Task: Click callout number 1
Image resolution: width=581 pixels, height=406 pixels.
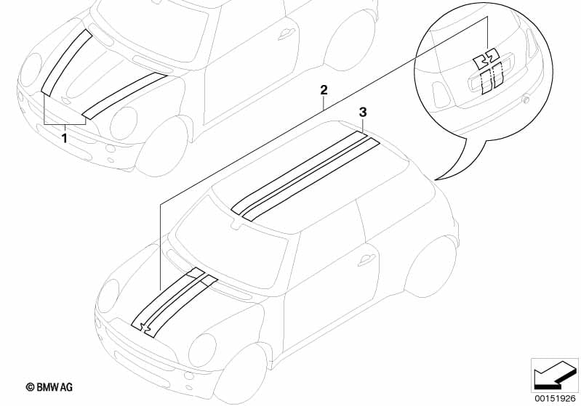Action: click(65, 139)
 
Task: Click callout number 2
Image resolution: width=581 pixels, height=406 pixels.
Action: click(324, 89)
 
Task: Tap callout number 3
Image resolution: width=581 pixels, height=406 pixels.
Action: click(363, 112)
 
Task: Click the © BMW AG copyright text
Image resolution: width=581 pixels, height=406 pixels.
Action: click(49, 387)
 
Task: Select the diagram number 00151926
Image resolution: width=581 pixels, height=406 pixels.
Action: click(555, 399)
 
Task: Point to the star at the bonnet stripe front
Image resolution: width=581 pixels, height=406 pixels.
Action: click(146, 326)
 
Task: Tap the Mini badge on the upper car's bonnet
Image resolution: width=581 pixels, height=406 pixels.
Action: click(66, 100)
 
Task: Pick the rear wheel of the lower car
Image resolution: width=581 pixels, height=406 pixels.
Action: click(430, 267)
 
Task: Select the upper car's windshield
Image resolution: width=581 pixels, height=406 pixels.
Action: click(149, 31)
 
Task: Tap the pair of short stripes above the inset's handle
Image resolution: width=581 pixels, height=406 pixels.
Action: click(486, 59)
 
